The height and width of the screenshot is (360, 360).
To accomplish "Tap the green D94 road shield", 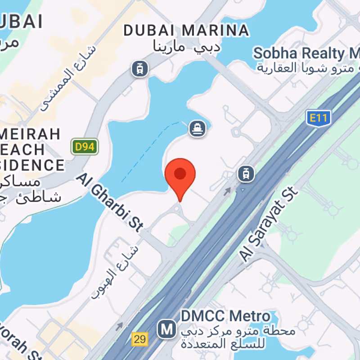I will [x=85, y=146].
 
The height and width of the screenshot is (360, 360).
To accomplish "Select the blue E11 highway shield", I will [x=319, y=118].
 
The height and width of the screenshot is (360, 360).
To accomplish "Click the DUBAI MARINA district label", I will [x=186, y=31].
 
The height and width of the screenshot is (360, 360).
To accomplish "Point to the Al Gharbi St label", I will [x=110, y=202].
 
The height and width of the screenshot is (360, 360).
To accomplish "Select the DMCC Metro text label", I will [x=225, y=316].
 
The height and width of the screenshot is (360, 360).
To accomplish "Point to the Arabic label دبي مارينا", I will [x=187, y=45].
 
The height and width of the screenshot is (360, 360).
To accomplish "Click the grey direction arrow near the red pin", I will [x=228, y=191].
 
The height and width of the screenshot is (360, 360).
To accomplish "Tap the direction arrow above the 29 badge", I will [x=120, y=324].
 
